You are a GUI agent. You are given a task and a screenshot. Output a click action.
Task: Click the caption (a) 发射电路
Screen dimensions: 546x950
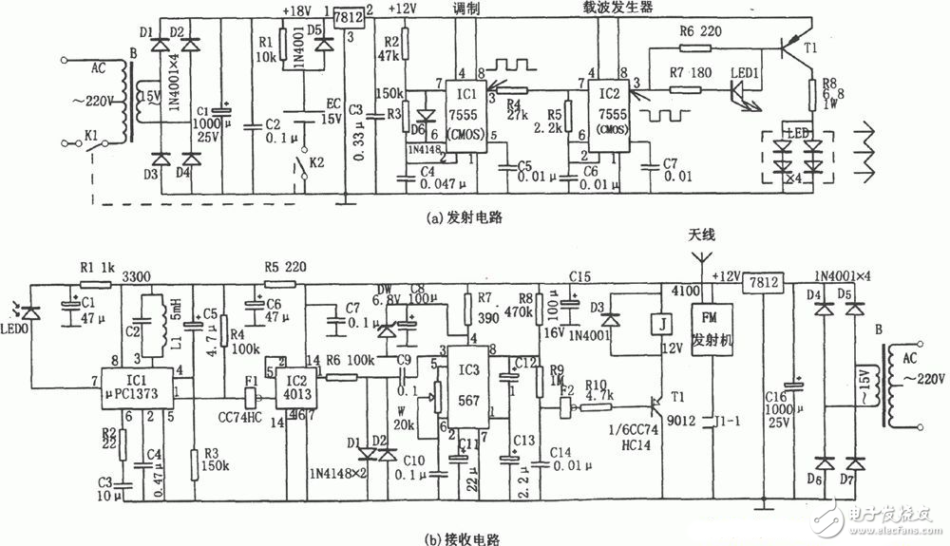(465, 217)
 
